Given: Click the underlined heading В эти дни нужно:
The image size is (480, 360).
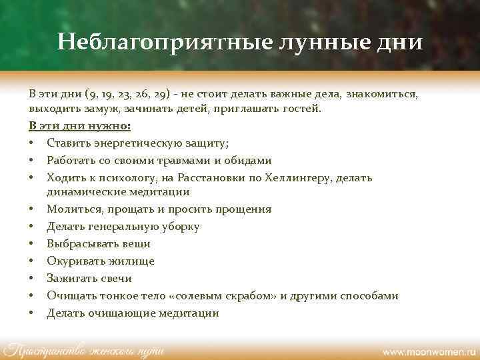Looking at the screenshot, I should click(x=80, y=125).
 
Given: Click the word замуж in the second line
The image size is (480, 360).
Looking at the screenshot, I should click(x=95, y=109).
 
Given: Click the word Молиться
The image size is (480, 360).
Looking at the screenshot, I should click(x=73, y=209).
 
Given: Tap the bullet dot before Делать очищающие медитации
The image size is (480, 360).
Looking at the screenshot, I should click(x=32, y=313).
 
